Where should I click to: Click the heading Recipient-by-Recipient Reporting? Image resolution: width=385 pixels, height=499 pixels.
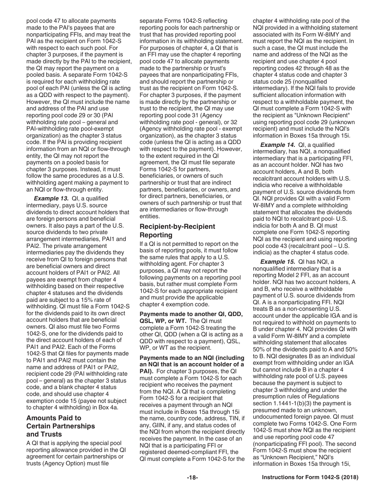pyautogui.click(x=177, y=231)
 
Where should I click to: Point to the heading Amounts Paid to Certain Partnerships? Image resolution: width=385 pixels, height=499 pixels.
pyautogui.click(x=60, y=422)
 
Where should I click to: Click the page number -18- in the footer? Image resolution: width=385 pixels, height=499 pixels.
pyautogui.click(x=192, y=489)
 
